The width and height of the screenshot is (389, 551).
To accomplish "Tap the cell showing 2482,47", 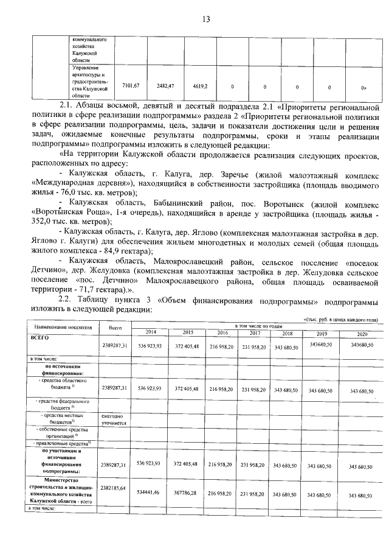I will coord(165,85).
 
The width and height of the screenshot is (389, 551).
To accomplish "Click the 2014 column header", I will coord(149,331).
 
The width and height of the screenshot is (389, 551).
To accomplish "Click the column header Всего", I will coord(114,328).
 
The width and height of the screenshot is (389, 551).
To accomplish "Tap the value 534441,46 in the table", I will coord(149,491).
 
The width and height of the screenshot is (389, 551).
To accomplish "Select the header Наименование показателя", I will coord(59,327).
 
